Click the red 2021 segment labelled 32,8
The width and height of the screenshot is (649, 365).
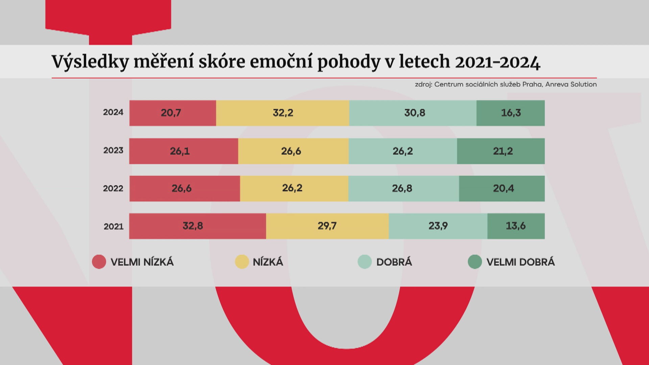(198, 226)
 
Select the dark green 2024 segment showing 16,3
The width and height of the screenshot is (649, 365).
(510, 113)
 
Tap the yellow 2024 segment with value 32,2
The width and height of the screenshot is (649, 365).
(283, 113)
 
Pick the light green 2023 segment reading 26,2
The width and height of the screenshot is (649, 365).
(403, 151)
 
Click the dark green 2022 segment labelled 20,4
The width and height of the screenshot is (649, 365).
(502, 189)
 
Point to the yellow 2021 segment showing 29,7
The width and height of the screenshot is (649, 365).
(327, 226)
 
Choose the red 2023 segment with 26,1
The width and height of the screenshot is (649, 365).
(184, 151)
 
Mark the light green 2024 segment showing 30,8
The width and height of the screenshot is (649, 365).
(413, 113)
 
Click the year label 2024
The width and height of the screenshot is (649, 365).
(113, 112)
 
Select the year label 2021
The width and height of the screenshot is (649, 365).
(114, 226)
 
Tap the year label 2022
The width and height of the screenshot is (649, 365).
(113, 188)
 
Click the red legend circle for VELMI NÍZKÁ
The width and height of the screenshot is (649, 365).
(99, 262)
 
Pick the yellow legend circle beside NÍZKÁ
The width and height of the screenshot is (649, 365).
(242, 262)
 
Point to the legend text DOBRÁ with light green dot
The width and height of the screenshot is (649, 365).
(394, 262)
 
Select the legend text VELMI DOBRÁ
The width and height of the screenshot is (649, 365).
(521, 262)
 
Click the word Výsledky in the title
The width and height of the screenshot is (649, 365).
(91, 62)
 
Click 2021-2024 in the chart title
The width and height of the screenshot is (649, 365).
(498, 62)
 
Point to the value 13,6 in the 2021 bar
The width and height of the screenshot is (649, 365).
(516, 226)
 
